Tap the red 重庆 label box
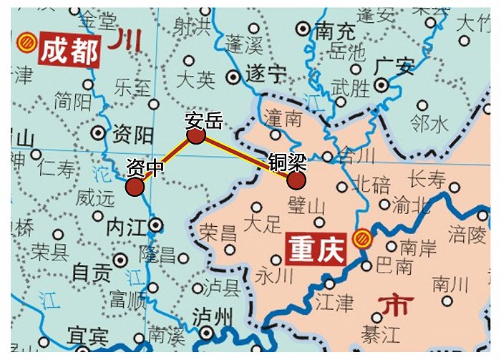[314, 248]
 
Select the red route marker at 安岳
[196, 136]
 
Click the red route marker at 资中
[135, 187]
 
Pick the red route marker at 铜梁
[296, 180]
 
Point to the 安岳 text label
[203, 120]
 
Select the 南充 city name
[335, 31]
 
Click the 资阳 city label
[133, 133]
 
